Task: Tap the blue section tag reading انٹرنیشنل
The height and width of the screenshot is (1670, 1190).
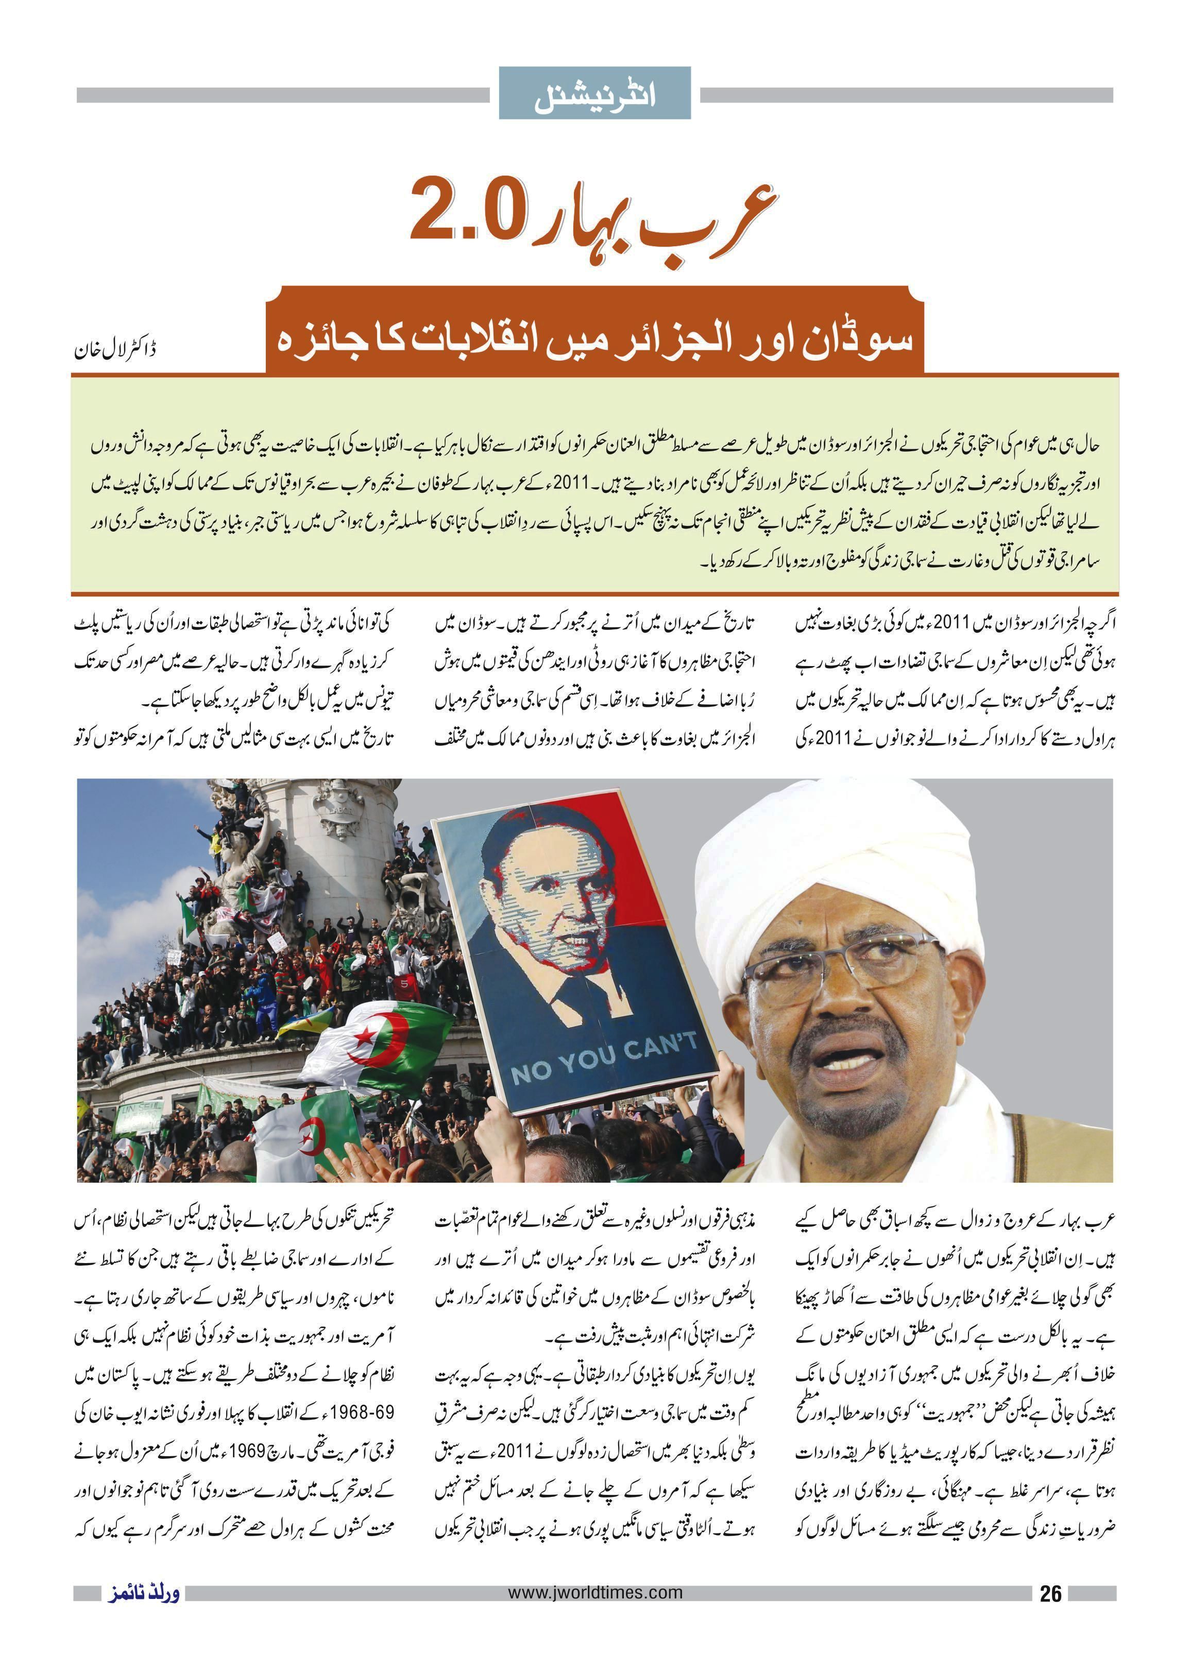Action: tap(594, 93)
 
